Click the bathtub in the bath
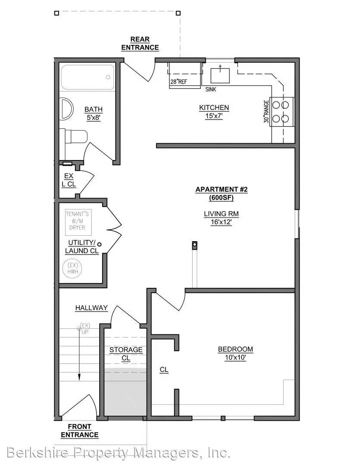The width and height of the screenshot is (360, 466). (88, 77)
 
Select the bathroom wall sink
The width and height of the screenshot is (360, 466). (66, 109)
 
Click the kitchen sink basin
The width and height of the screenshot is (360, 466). (220, 76)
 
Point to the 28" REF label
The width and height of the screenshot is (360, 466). (178, 82)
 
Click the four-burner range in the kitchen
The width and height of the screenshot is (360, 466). (281, 112)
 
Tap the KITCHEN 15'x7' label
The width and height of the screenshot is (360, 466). (214, 112)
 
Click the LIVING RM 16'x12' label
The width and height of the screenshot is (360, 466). (221, 218)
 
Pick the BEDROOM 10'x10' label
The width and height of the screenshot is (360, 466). (235, 353)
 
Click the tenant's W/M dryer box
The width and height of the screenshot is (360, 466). (78, 222)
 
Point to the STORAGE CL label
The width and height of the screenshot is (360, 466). (126, 354)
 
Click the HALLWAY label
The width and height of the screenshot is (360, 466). (91, 308)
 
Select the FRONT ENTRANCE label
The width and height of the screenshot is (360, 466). (80, 431)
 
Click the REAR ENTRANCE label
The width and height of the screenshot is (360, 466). (140, 44)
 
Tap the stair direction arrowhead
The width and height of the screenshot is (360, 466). (79, 377)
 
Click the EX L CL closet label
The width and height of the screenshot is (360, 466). (69, 180)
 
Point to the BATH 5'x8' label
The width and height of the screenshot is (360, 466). (94, 113)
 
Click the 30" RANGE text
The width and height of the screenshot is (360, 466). (266, 111)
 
